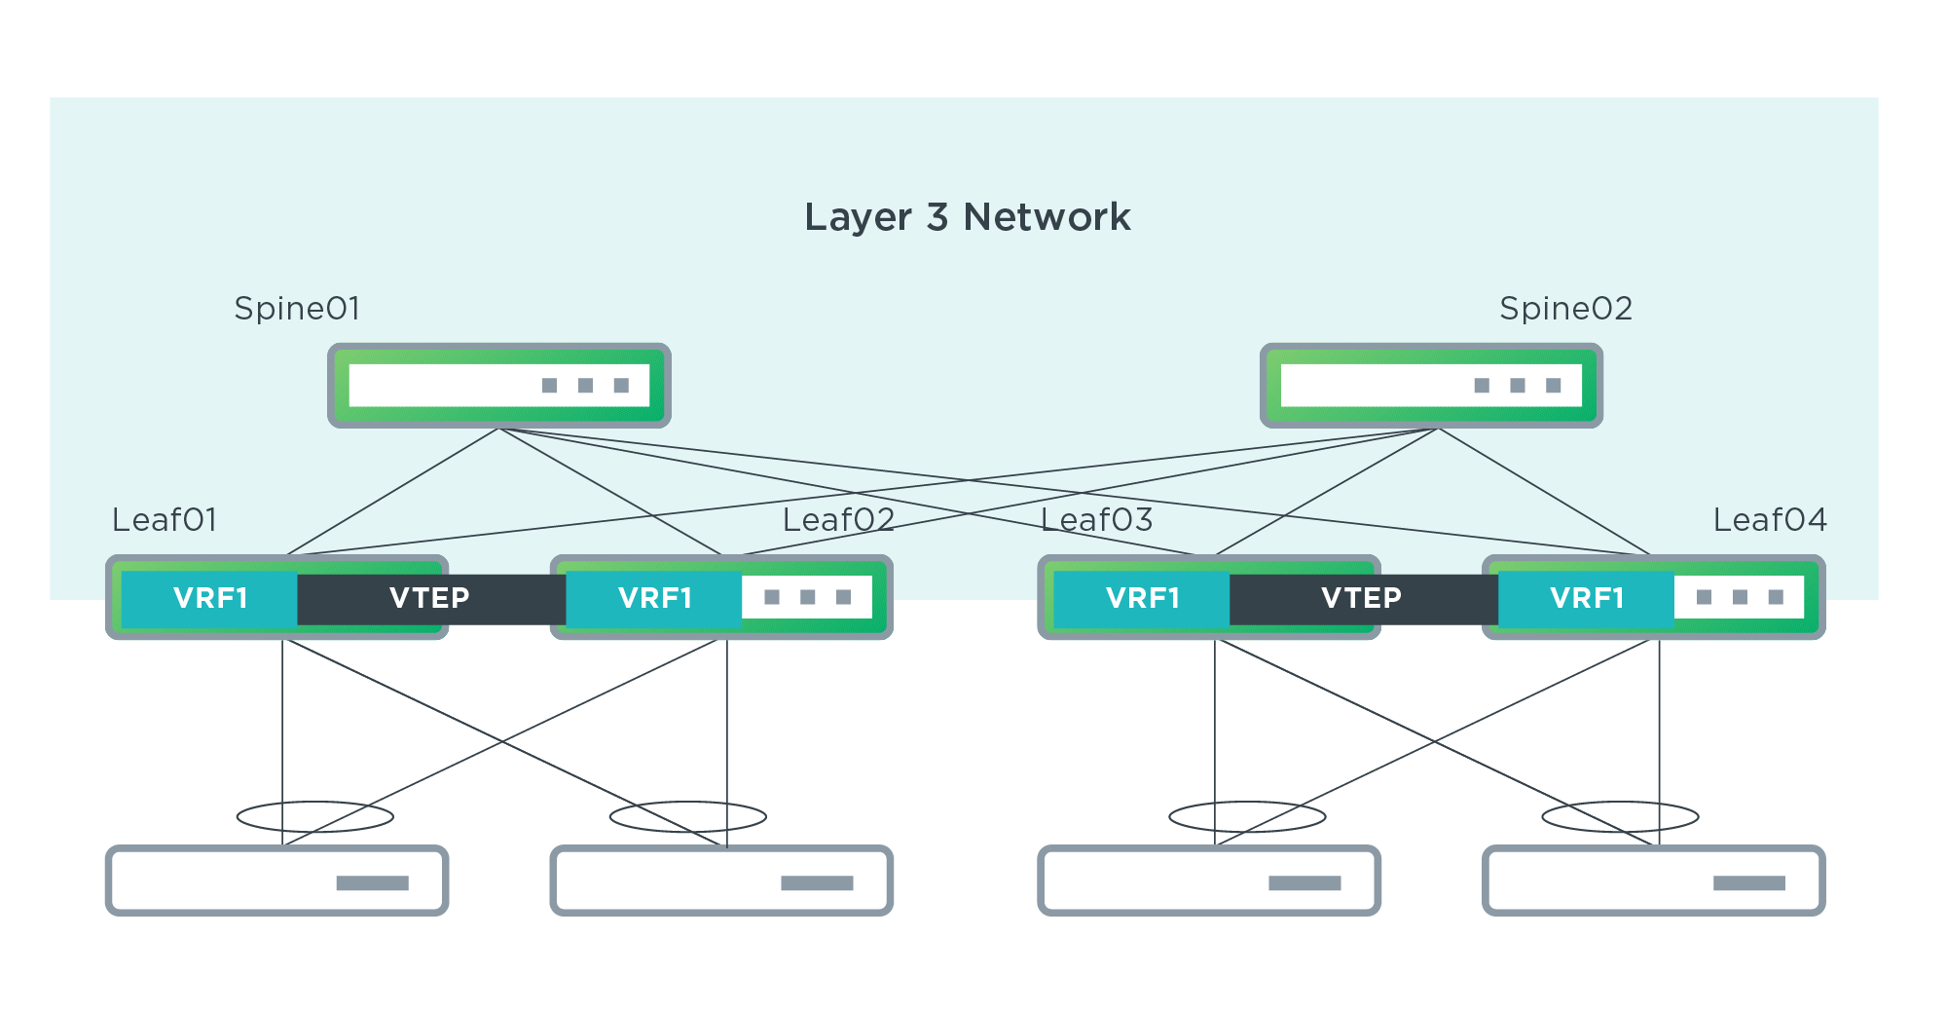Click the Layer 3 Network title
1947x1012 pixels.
(967, 217)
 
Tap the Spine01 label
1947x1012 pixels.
(297, 309)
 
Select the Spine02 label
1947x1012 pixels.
(1565, 309)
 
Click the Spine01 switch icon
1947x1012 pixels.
(499, 386)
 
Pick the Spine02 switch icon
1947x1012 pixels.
(1431, 386)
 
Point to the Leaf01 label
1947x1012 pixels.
(164, 520)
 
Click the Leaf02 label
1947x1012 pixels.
(838, 520)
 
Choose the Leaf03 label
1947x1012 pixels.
(1096, 520)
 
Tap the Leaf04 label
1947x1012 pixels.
(1770, 520)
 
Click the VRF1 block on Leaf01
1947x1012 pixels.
(210, 598)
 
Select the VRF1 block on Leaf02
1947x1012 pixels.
(655, 598)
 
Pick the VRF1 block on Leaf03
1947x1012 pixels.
(1143, 598)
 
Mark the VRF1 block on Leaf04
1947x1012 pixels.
(1587, 598)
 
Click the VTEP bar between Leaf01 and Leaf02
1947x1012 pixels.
(430, 598)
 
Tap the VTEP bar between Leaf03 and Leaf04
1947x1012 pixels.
(1362, 598)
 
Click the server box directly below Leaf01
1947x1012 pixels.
(276, 881)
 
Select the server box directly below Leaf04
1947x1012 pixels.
(1653, 881)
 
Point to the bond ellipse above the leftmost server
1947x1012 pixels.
(315, 816)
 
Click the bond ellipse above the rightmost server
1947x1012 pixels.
(1620, 816)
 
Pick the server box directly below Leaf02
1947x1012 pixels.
(721, 881)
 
